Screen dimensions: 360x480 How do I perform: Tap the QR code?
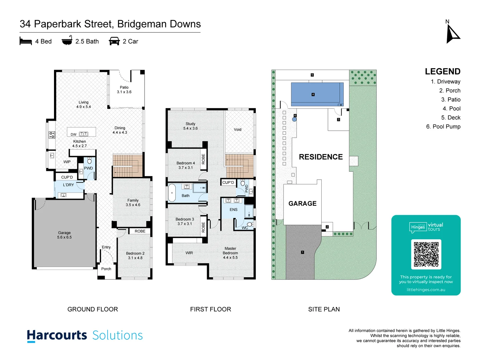[x=426, y=254]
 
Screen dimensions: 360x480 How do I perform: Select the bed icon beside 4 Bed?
[x=26, y=41]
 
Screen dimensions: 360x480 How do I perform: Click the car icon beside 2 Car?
[x=114, y=41]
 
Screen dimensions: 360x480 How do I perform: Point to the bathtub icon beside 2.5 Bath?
[x=67, y=40]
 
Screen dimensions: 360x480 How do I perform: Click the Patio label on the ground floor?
[x=124, y=88]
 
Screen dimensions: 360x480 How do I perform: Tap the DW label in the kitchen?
[x=73, y=135]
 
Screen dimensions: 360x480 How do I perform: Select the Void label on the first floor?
[x=237, y=130]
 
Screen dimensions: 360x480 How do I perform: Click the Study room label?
[x=190, y=124]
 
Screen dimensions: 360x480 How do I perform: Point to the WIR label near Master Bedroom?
[x=189, y=253]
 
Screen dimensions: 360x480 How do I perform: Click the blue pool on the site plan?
[x=317, y=94]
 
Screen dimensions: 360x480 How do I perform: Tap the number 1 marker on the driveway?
[x=302, y=252]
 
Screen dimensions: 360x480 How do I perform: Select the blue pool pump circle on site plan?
[x=294, y=119]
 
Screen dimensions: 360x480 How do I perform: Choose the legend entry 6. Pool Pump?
[x=443, y=127]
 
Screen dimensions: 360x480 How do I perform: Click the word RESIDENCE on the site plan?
[x=321, y=157]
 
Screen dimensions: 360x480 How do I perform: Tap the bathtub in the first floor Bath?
[x=172, y=193]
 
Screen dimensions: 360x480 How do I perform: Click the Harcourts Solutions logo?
[x=85, y=335]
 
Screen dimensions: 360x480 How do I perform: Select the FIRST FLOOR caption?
[x=210, y=309]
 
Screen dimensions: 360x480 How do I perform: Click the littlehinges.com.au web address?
[x=426, y=290]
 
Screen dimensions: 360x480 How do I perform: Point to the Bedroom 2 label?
[x=135, y=254]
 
